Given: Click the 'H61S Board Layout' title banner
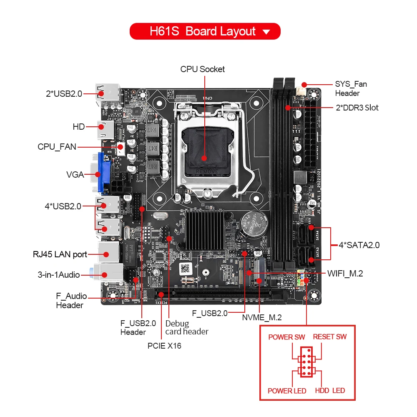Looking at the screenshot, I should pos(205,31).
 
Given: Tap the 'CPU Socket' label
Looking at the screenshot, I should pos(202,69).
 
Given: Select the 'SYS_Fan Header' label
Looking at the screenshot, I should pos(351,89).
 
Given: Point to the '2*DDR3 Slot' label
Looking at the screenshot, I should pos(357,108).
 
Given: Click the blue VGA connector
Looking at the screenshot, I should pos(104,173).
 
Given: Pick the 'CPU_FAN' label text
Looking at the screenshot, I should pos(57,147).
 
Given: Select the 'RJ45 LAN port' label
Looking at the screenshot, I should pos(60,254).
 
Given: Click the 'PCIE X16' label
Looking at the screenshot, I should pos(164,345).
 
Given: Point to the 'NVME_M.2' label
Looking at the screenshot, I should pos(262,318).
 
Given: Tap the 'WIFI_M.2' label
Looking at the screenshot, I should pos(345,274).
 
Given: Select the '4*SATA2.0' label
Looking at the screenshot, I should pos(359,245).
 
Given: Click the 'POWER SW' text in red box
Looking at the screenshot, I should pos(286,337).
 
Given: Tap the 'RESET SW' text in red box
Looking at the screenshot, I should pos(329,337).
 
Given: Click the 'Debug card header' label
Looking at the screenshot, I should pos(186,327).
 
